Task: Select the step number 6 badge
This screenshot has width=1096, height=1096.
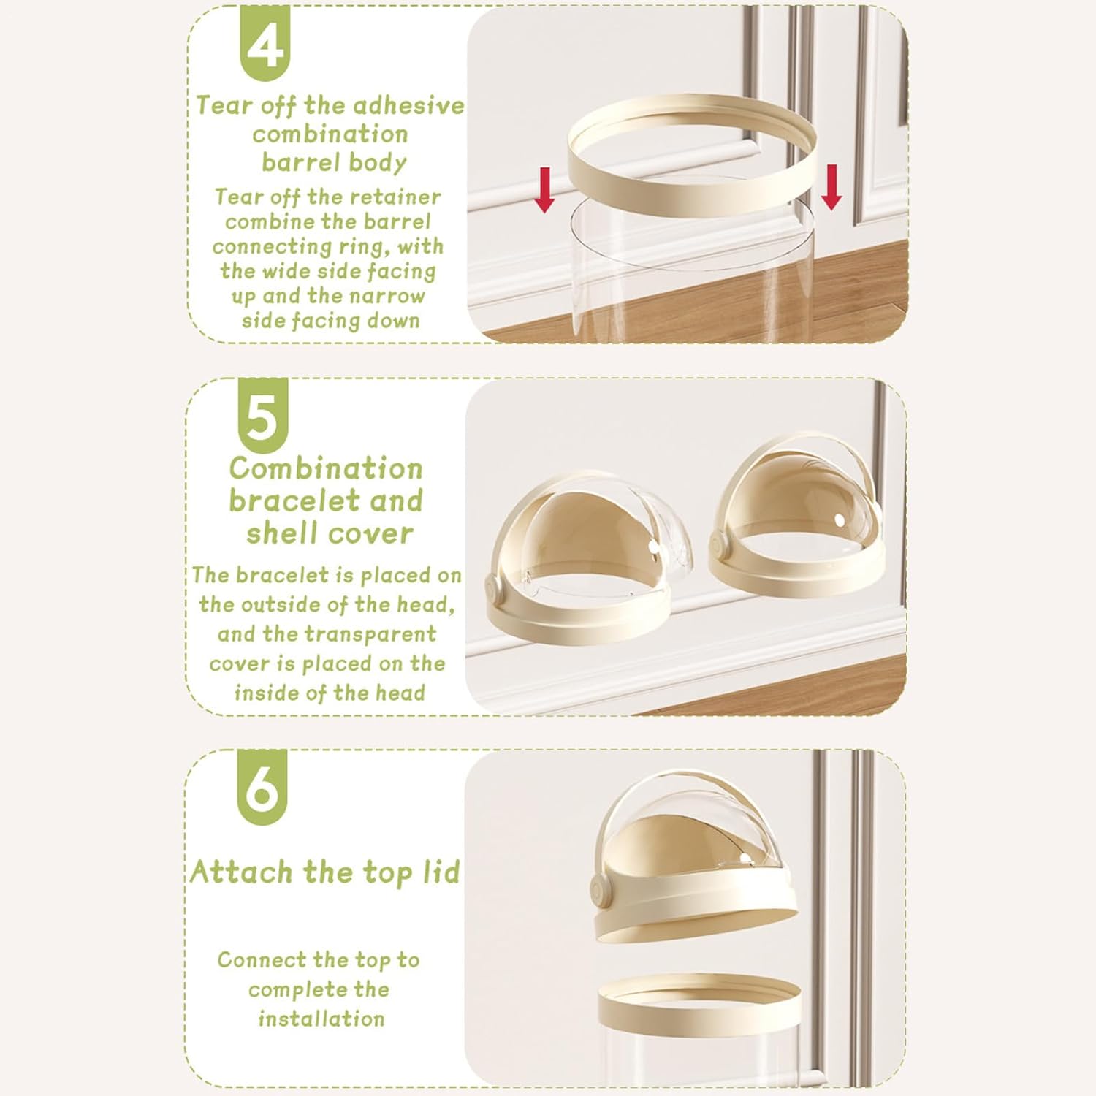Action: pos(262,787)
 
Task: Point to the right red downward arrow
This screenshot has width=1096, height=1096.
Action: pos(831,187)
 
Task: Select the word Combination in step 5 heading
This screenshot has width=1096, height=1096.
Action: pos(326,468)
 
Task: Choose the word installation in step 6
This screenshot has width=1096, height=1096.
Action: pos(321,1019)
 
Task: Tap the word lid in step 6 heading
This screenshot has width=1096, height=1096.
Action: pos(441,872)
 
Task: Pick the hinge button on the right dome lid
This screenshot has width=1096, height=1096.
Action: pos(720,544)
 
